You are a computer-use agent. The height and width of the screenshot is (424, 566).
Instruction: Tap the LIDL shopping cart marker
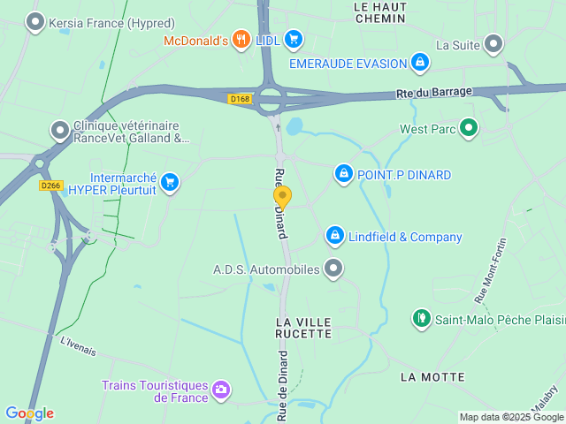click(294, 39)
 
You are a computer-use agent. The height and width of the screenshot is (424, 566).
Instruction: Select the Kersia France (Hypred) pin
click(35, 22)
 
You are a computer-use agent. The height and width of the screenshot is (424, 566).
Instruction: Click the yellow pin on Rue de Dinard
click(282, 196)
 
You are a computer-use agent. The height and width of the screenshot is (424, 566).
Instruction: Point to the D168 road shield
click(240, 98)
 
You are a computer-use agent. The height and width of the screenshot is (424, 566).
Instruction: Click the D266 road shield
click(50, 185)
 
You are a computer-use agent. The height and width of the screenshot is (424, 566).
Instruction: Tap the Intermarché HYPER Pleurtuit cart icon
click(171, 183)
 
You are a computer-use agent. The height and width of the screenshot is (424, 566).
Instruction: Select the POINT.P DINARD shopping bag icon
click(342, 174)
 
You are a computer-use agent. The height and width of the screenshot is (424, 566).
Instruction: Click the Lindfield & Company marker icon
click(334, 236)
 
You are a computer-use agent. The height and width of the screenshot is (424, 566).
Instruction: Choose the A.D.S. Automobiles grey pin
click(333, 269)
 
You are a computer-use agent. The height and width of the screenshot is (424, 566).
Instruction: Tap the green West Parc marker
click(470, 129)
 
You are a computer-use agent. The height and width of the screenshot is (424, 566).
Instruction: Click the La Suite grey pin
click(493, 43)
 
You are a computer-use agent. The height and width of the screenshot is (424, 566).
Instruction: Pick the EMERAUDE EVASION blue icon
click(421, 63)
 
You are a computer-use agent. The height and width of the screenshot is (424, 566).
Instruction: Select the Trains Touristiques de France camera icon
click(221, 389)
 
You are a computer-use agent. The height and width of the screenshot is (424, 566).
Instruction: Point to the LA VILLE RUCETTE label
click(304, 327)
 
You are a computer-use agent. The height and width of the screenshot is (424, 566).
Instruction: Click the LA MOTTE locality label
click(432, 377)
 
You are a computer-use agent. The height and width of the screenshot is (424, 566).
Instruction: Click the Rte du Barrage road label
click(433, 92)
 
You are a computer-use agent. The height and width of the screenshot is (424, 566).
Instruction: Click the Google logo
click(29, 413)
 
